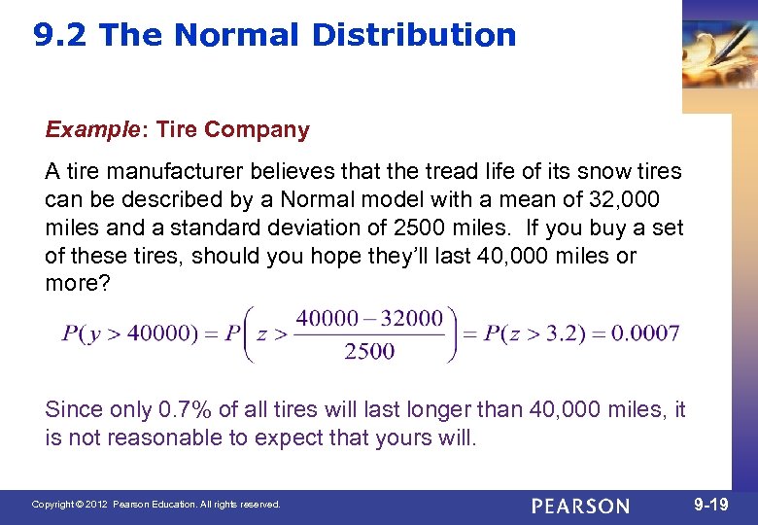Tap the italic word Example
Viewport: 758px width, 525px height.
[90, 129]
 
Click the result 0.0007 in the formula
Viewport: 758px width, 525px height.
[646, 333]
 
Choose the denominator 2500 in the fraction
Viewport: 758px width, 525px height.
[369, 352]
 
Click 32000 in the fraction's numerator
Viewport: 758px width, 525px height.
[410, 319]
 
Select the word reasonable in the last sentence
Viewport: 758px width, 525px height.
[165, 438]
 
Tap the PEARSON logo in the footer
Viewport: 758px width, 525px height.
[581, 506]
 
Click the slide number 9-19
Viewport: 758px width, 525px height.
[713, 505]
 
